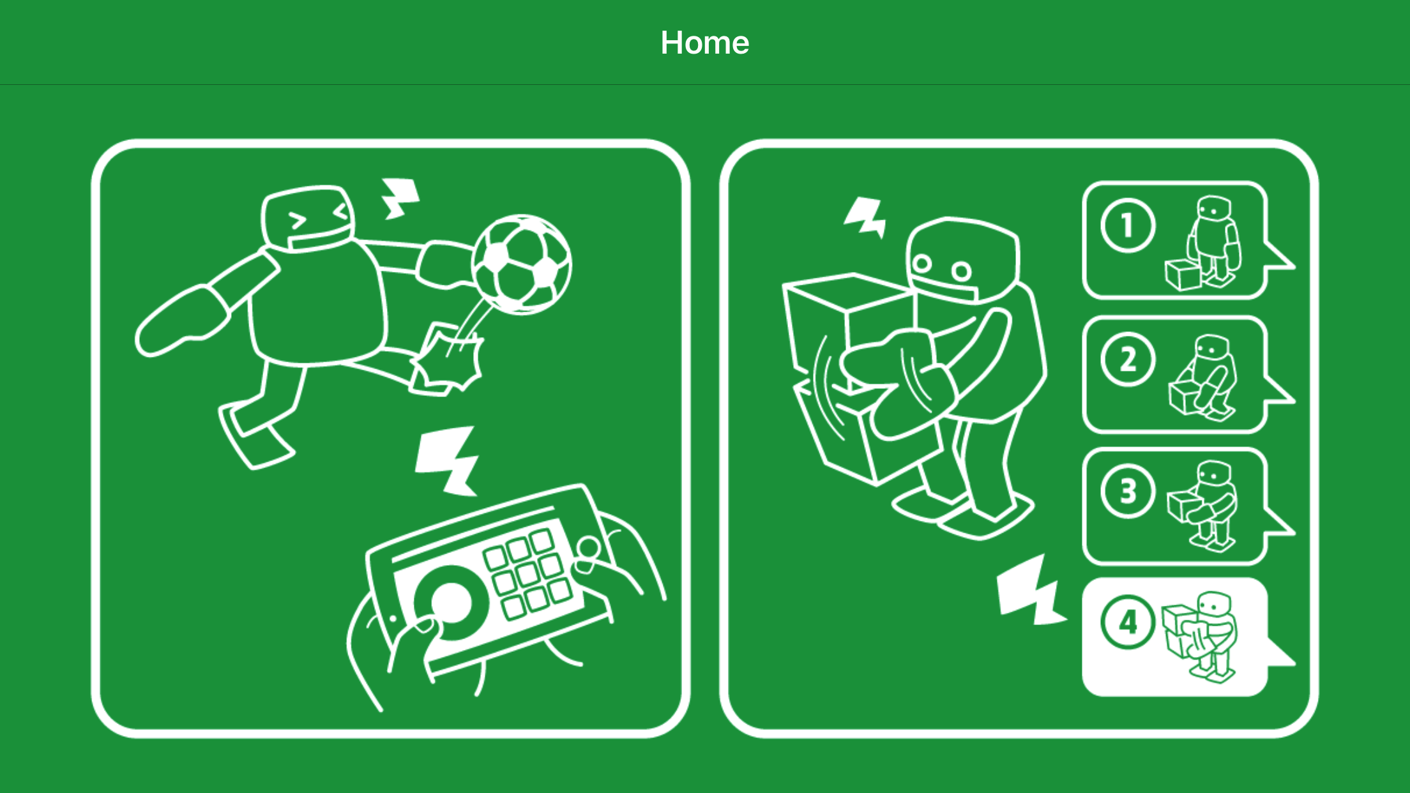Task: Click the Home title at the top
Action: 704,43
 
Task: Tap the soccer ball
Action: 522,264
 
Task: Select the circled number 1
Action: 1128,226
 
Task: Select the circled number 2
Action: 1128,359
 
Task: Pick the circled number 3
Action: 1128,492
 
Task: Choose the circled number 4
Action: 1128,623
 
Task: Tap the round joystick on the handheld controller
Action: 451,602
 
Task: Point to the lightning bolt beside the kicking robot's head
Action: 399,198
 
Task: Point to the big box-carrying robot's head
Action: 962,259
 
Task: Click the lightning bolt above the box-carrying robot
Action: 865,217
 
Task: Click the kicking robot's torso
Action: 317,304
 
